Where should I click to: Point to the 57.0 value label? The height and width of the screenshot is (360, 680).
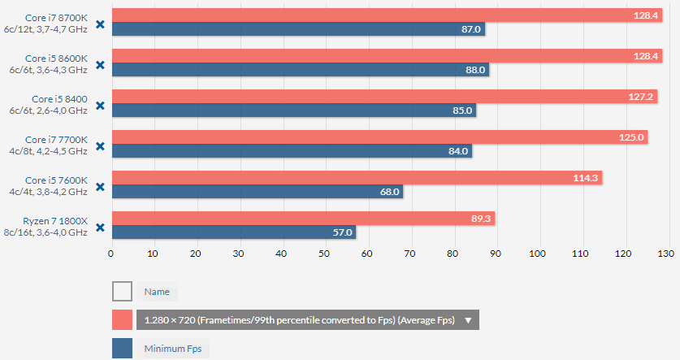(343, 232)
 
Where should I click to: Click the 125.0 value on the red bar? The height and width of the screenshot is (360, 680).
(631, 137)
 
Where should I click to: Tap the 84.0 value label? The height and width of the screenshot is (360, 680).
(458, 151)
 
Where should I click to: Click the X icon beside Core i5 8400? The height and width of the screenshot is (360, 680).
(100, 105)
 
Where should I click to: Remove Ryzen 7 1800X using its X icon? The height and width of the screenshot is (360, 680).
(100, 227)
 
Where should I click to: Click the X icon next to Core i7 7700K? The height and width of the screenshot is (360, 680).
(100, 145)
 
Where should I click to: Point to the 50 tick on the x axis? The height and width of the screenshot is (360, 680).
(324, 254)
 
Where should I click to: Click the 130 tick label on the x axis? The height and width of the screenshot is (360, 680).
(665, 254)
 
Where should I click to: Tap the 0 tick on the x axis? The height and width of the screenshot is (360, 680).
(111, 254)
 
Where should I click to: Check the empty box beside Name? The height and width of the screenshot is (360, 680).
(122, 291)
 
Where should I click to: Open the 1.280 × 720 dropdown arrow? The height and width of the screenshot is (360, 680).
(468, 320)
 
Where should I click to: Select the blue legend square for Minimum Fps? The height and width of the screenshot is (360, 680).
(122, 349)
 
